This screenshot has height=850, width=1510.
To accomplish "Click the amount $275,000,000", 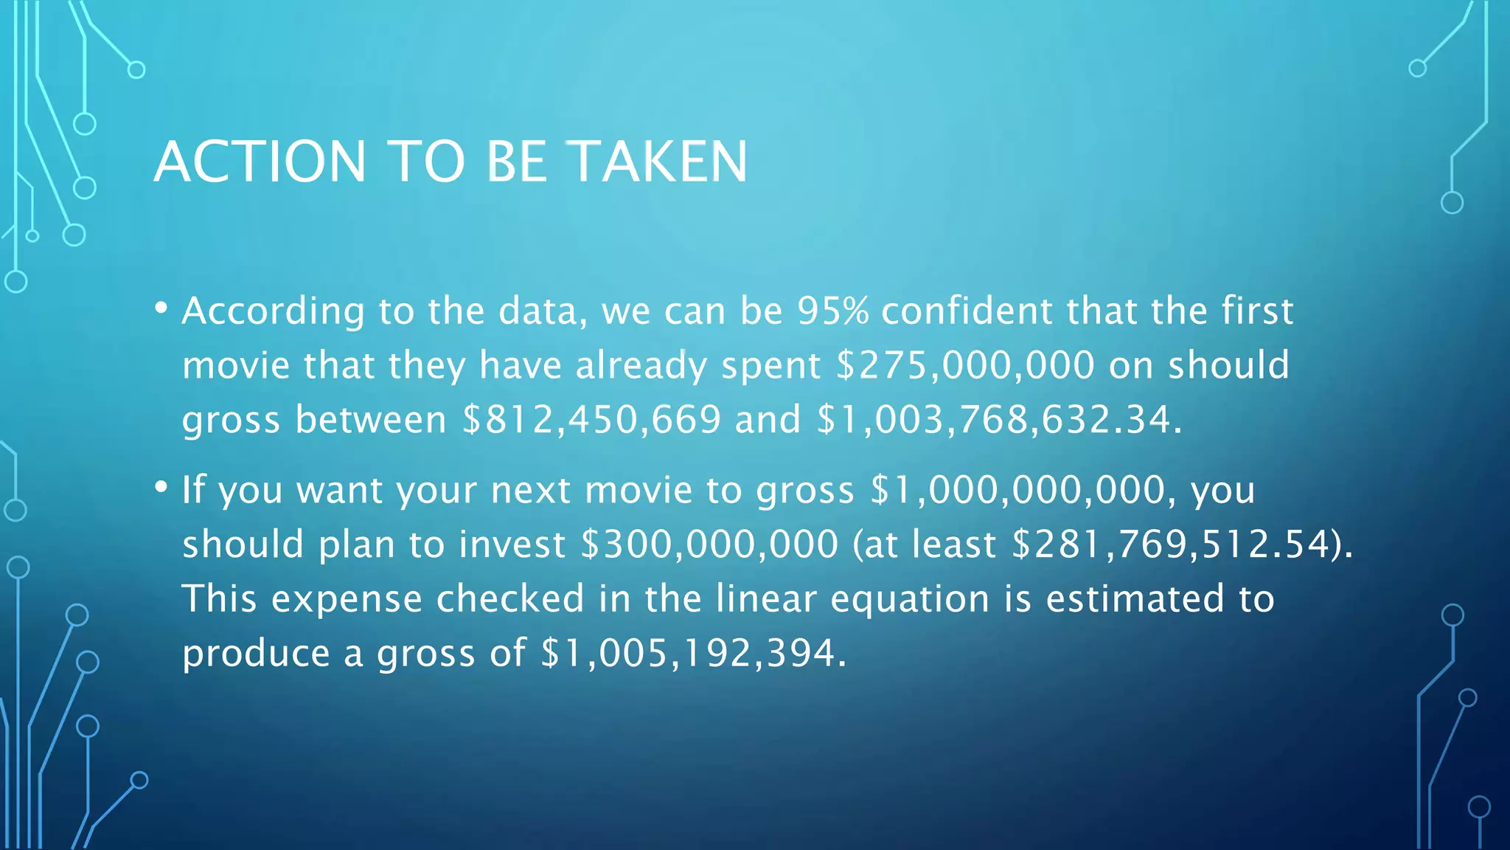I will (x=966, y=365).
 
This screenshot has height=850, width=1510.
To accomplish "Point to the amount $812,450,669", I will (x=591, y=420).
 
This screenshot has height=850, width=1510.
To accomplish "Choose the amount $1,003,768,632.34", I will (x=995, y=420).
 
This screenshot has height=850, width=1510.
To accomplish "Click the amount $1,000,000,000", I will (x=1017, y=490).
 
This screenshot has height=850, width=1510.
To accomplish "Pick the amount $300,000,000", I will (x=709, y=545).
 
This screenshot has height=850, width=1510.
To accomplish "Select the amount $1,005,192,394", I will (x=689, y=653).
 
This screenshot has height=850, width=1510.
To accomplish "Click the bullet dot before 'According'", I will (x=161, y=308).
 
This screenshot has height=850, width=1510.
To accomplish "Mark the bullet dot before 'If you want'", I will (x=161, y=487).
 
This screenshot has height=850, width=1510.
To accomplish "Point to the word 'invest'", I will (x=512, y=545).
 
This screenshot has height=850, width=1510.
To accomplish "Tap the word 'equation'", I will (x=910, y=599).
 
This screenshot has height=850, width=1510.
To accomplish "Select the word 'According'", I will (x=274, y=311).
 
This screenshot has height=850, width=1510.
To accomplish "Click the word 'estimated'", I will (x=1135, y=599).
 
